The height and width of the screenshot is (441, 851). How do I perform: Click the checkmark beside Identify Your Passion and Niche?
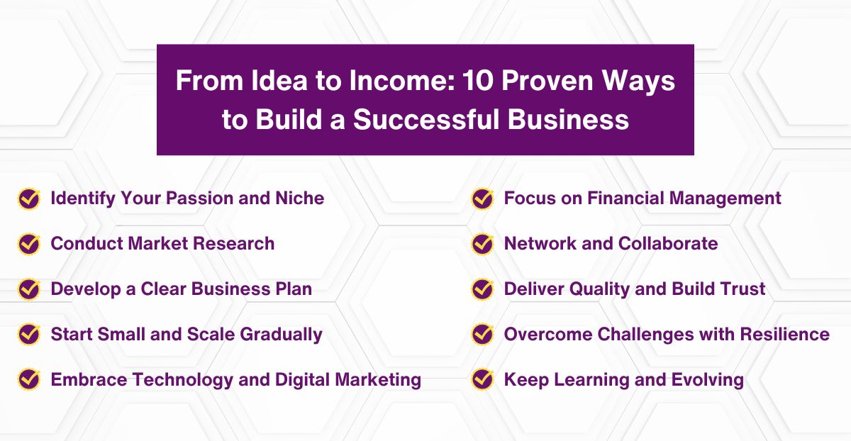(x=28, y=199)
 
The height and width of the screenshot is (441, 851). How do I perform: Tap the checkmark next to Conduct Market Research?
(x=28, y=244)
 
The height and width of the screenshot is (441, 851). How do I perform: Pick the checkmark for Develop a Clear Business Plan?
(x=28, y=289)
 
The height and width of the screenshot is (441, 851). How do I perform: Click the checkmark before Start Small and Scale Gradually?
(x=28, y=334)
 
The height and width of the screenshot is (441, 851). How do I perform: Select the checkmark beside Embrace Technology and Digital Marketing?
(x=28, y=379)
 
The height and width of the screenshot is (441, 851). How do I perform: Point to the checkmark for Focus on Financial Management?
(x=482, y=199)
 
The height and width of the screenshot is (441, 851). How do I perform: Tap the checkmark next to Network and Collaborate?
(x=482, y=244)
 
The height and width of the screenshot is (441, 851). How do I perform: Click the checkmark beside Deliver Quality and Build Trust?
(x=482, y=289)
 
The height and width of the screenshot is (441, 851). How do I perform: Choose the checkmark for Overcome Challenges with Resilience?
(x=482, y=334)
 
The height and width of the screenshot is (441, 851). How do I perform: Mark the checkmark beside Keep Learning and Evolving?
(x=482, y=379)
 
